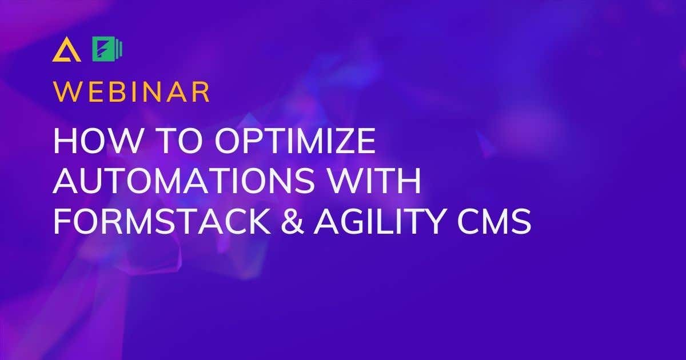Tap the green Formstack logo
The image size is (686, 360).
(x=107, y=50)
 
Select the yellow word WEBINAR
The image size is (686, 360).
(x=131, y=91)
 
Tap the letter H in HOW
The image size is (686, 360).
(x=64, y=142)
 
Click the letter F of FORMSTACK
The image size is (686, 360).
(x=61, y=222)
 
